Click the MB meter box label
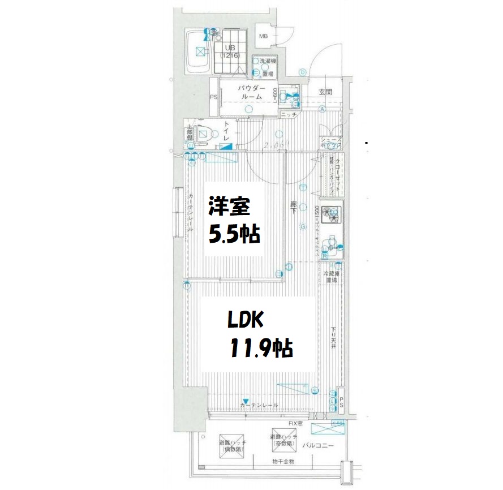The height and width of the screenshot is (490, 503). tap(263, 37)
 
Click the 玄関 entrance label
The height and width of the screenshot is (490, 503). tap(325, 93)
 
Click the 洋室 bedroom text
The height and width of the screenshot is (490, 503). tap(229, 207)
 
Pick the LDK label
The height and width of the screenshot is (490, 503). tap(246, 321)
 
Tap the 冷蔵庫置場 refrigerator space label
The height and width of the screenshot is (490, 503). tap(330, 277)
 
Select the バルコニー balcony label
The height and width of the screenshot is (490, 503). tap(317, 446)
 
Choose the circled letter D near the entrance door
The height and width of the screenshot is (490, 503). tap(303, 72)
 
